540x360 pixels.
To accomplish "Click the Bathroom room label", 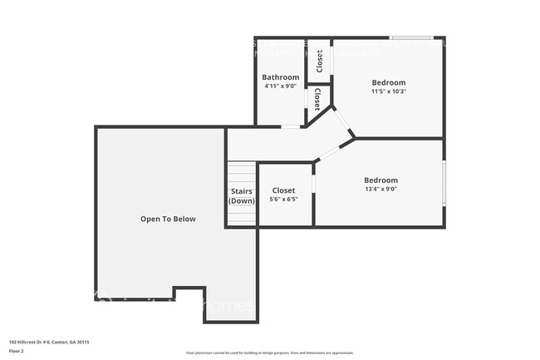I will [x=281, y=77].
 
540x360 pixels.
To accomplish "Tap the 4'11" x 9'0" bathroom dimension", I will [x=281, y=86].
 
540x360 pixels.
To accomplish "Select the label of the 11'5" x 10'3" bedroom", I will [x=388, y=82].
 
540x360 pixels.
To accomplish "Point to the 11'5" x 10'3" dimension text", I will [x=388, y=91].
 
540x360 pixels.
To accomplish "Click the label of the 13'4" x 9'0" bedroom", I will [x=380, y=180].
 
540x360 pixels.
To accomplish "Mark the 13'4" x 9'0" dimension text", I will [x=380, y=189].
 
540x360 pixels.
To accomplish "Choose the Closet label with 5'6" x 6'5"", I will [x=283, y=190].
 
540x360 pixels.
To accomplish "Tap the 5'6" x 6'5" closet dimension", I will [x=283, y=200].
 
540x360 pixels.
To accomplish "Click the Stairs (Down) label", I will [x=242, y=196].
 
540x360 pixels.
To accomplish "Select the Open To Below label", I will [x=168, y=219].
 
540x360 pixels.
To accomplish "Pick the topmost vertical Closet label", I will [x=320, y=61].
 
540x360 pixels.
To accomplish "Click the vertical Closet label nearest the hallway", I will [x=317, y=100].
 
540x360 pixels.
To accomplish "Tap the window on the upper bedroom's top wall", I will [x=411, y=37].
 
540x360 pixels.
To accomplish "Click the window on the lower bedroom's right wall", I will [x=444, y=183].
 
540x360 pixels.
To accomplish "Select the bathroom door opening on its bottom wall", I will [x=291, y=126].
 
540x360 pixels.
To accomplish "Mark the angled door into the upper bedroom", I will [x=342, y=121].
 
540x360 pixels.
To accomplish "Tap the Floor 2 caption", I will [x=17, y=351].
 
